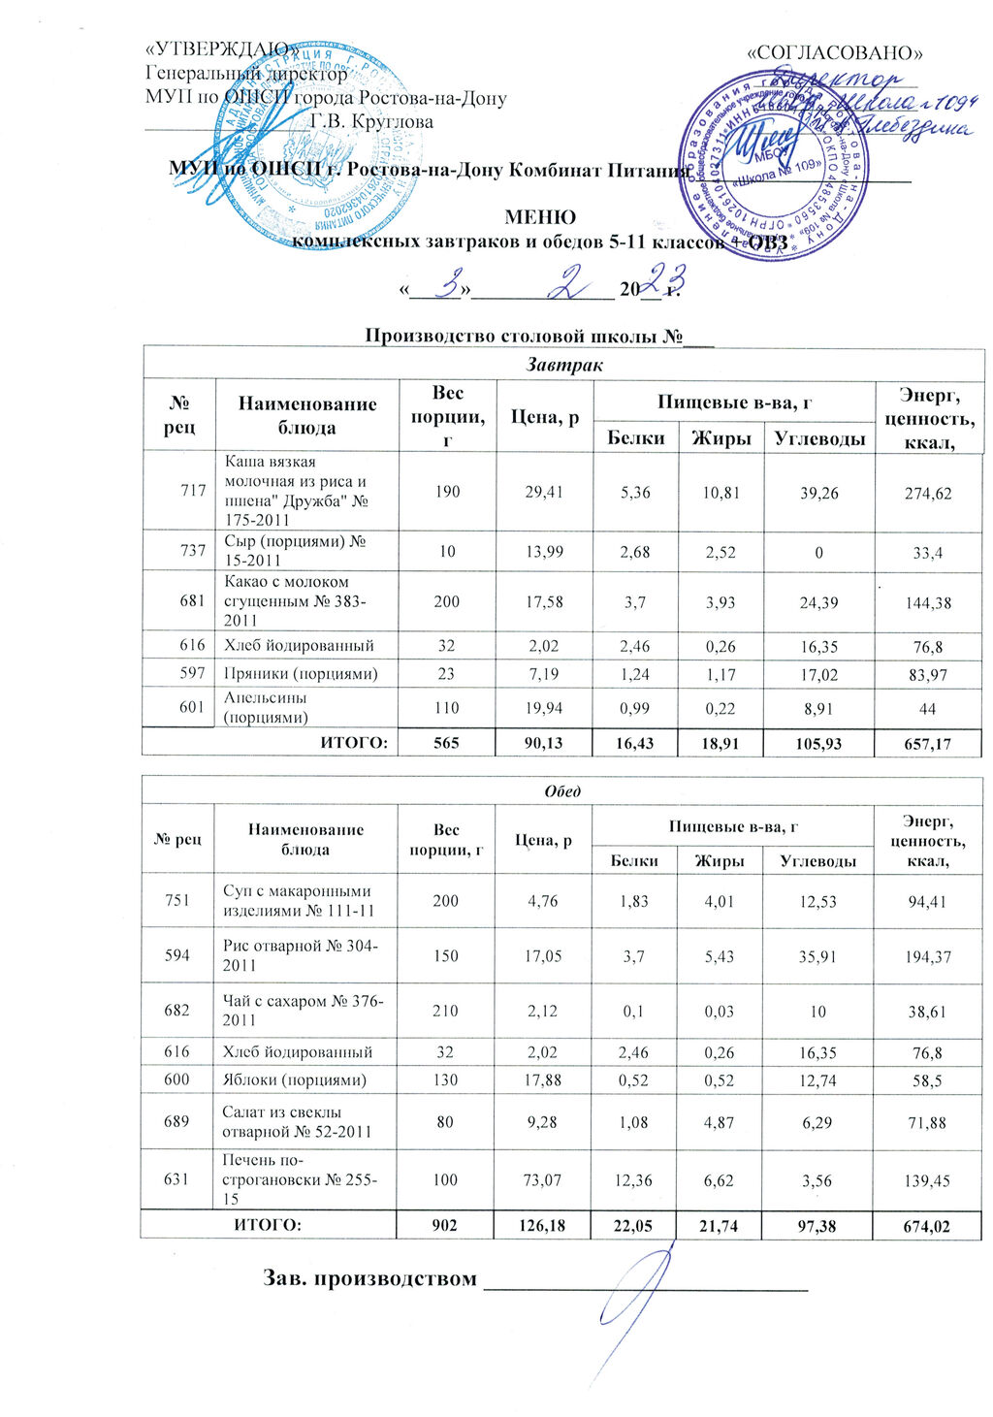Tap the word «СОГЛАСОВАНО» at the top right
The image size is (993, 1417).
833,52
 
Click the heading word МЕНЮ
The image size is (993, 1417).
540,218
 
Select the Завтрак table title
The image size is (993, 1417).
563,366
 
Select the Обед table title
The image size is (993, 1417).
562,790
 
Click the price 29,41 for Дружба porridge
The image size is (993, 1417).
544,492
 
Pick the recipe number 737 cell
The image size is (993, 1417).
193,551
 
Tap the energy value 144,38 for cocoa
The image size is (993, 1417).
927,602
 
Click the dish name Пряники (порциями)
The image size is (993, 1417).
301,674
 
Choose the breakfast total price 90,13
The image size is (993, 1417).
544,744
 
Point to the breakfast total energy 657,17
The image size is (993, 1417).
927,744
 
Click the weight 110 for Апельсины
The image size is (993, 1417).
447,708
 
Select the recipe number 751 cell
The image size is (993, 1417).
177,900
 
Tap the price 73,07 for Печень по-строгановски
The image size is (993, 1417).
543,1180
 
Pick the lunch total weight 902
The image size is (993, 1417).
445,1226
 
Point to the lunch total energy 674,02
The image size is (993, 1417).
926,1227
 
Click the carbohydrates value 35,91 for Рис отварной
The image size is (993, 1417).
818,955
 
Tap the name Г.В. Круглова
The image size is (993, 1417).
372,122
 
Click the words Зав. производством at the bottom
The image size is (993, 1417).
371,1278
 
